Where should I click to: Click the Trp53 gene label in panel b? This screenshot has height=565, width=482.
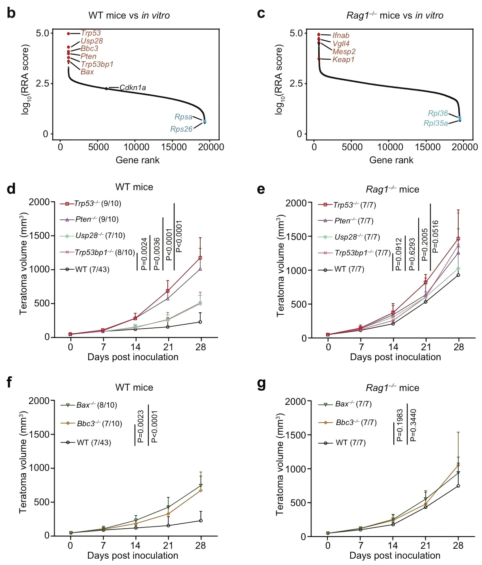[x=91, y=33]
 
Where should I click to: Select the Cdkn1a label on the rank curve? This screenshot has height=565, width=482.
[x=133, y=88]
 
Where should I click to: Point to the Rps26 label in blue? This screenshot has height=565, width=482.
[x=181, y=129]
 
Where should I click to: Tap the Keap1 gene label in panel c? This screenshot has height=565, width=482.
[x=343, y=60]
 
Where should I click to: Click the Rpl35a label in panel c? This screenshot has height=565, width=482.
[x=436, y=123]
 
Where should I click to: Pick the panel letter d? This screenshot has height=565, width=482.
[x=11, y=189]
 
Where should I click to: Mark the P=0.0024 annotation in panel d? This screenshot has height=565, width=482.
[x=144, y=254]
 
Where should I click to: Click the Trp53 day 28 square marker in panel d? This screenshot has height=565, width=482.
[x=200, y=258]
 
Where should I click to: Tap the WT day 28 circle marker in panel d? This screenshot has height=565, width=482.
[x=200, y=322]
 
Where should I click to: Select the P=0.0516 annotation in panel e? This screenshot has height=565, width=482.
[x=435, y=236]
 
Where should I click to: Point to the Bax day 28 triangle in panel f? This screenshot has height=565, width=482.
[x=201, y=486]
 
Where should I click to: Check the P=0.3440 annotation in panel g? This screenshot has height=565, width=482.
[x=413, y=425]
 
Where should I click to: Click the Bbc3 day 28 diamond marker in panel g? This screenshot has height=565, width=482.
[x=458, y=465]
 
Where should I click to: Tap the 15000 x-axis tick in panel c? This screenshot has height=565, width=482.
[x=427, y=147]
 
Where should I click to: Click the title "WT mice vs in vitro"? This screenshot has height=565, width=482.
[x=129, y=16]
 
